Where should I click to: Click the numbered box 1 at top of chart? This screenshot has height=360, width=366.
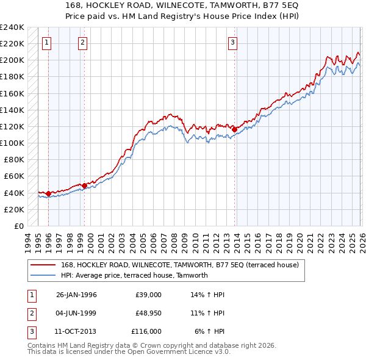tap(48, 42)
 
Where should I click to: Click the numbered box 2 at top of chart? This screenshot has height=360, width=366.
tap(83, 42)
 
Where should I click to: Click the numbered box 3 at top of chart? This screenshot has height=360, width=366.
tap(233, 42)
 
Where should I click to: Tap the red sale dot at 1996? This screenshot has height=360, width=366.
tap(48, 193)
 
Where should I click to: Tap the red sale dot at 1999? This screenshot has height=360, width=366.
tap(84, 185)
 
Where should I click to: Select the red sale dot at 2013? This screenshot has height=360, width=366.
tap(234, 129)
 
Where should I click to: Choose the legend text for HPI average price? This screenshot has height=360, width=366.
tap(134, 275)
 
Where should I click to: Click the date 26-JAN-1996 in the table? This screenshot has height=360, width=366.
tap(76, 295)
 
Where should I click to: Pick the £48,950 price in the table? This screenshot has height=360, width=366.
tap(148, 313)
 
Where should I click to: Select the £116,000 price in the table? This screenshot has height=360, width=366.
tap(146, 331)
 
